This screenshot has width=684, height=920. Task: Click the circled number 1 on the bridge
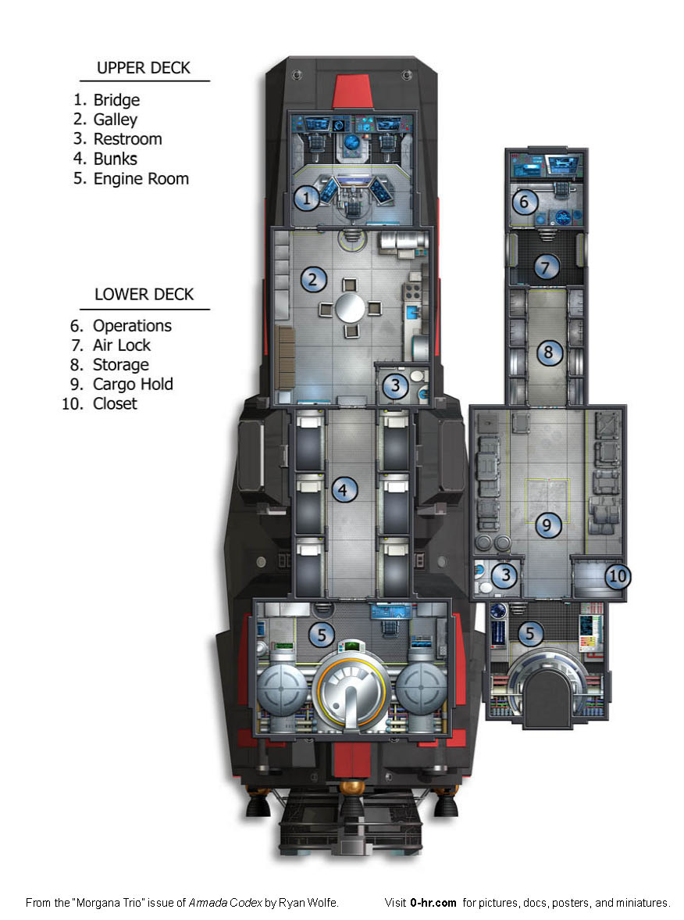coord(307,199)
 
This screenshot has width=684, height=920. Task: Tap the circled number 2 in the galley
coord(313,279)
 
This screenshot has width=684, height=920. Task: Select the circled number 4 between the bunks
coord(343,491)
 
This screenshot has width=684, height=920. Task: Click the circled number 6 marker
coord(525,202)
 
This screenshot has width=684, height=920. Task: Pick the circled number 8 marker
coord(548,353)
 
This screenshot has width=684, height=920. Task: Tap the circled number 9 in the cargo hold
coord(548,526)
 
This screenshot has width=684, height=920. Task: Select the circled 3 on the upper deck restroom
coord(396,385)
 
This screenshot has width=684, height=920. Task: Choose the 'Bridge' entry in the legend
coord(116,100)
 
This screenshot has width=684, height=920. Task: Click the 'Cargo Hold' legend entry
coord(133,384)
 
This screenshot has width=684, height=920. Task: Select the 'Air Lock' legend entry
coord(121,345)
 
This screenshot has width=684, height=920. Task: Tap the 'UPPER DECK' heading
coord(144,68)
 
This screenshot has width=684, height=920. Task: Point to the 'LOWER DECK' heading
coord(144,295)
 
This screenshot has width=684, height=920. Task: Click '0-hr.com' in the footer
coord(433,903)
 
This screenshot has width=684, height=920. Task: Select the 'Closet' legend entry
coord(115,403)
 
